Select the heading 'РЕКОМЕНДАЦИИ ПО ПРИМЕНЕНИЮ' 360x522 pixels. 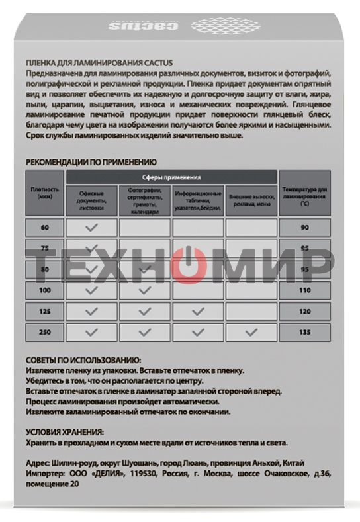pos(91,161)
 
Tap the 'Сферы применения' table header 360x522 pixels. pos(171,177)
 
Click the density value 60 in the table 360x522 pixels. pos(44,228)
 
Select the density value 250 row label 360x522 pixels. pos(44,332)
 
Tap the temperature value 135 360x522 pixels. pos(304,332)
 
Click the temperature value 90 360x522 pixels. pos(304,228)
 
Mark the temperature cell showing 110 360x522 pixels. pos(304,290)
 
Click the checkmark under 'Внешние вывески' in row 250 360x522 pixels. pos(251,332)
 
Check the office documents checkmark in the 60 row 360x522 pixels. pos(92,228)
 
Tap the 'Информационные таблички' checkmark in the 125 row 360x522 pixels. pos(198,311)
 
